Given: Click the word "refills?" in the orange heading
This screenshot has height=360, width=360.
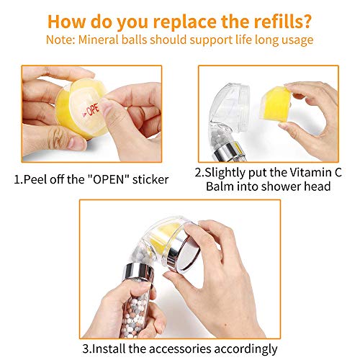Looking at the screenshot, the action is (282, 22).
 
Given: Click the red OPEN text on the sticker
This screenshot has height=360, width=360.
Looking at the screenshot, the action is (93, 110).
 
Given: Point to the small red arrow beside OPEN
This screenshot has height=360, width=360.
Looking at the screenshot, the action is (84, 115).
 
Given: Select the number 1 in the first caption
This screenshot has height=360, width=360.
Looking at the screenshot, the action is (17, 180).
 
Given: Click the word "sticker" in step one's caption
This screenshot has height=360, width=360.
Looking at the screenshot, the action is (150, 179).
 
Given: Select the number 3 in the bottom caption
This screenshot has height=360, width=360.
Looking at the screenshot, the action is (86, 349).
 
